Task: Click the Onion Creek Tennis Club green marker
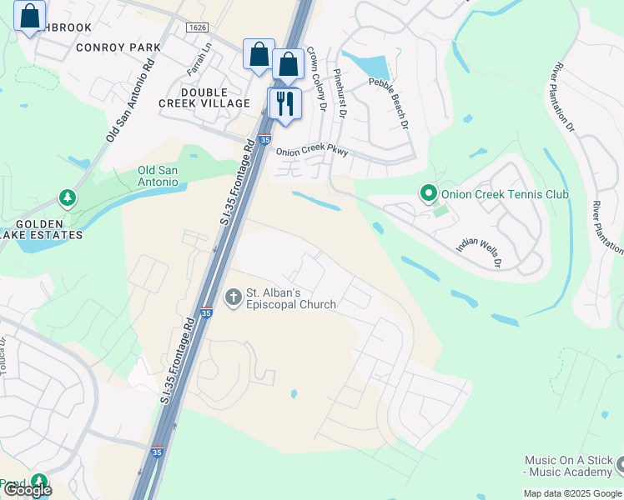point(429,194)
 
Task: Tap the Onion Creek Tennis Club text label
point(505,194)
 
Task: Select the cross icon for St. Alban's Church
point(233,295)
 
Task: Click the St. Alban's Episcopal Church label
point(290,299)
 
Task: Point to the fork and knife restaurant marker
point(284,103)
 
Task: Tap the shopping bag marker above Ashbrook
point(30,16)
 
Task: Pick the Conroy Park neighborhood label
point(118,47)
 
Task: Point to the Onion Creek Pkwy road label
point(312,152)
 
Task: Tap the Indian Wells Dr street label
point(478,252)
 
